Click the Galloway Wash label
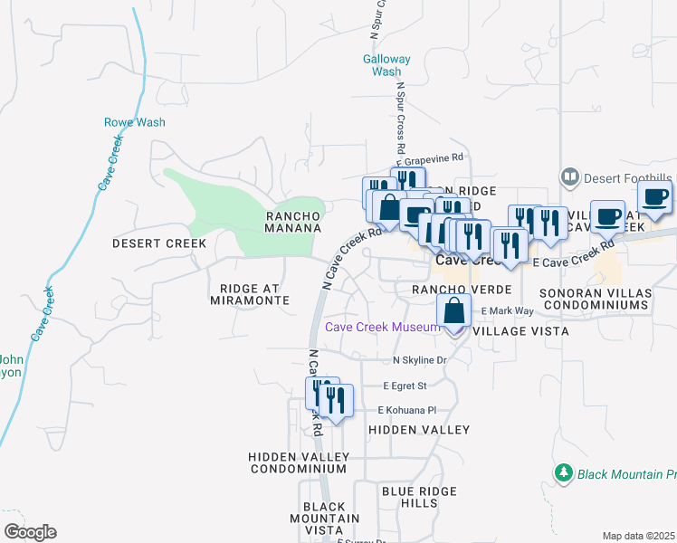pyautogui.click(x=386, y=65)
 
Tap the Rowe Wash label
pyautogui.click(x=134, y=122)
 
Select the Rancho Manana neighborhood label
pyautogui.click(x=293, y=222)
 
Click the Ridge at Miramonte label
pyautogui.click(x=254, y=294)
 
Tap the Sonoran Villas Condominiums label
pyautogui.click(x=595, y=300)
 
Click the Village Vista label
pyautogui.click(x=520, y=332)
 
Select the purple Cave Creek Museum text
pyautogui.click(x=381, y=327)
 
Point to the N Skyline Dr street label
pyautogui.click(x=420, y=360)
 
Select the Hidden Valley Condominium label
pyautogui.click(x=298, y=462)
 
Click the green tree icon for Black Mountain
pyautogui.click(x=564, y=473)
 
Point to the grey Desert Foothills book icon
pyautogui.click(x=570, y=176)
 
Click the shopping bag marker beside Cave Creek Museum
pyautogui.click(x=453, y=310)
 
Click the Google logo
pyautogui.click(x=30, y=532)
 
